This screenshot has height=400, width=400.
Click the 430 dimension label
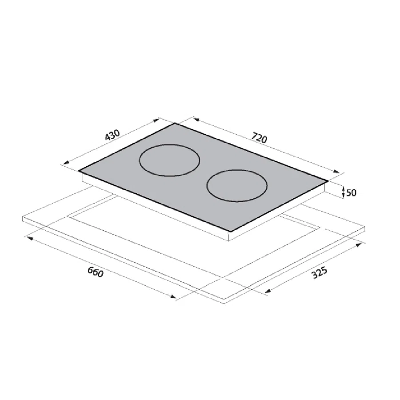(x=112, y=135)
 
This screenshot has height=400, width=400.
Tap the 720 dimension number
(x=259, y=138)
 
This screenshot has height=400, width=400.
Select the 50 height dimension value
(x=351, y=192)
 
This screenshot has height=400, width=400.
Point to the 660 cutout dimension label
(x=96, y=272)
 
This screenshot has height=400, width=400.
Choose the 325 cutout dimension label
(x=319, y=273)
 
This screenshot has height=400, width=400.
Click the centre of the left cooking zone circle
(x=169, y=160)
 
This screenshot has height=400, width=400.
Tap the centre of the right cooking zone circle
(x=237, y=186)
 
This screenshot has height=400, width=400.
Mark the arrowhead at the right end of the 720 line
(x=337, y=172)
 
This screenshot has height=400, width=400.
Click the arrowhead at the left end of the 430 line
(x=66, y=163)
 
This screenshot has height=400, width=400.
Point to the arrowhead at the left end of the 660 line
(x=30, y=238)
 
